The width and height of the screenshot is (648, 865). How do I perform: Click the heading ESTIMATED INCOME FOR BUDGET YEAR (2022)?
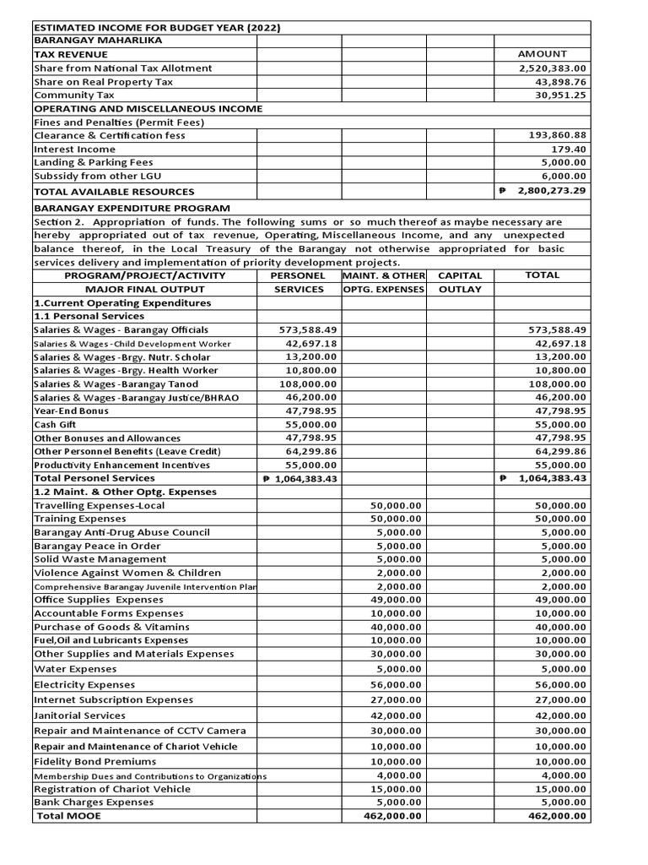tap(157, 28)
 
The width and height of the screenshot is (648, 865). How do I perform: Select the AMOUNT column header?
tap(542, 54)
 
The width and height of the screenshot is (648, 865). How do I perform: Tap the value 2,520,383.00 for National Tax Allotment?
tap(553, 68)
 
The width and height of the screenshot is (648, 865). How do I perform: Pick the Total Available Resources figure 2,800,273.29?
tap(553, 191)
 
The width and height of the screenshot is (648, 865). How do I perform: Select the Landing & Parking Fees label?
tap(93, 162)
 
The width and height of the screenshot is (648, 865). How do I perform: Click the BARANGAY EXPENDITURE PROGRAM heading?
tap(132, 208)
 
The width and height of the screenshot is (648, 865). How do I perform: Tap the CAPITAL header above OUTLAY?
tap(459, 275)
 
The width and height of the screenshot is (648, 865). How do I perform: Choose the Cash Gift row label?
tap(55, 424)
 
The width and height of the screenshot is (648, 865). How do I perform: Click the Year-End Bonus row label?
tap(71, 411)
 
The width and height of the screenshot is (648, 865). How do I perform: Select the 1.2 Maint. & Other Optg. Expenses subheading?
tap(125, 492)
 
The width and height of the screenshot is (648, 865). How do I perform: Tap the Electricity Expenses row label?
tap(84, 684)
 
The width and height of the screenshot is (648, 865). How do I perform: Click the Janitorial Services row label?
tap(79, 715)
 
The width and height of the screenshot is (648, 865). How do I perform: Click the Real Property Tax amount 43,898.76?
tap(557, 82)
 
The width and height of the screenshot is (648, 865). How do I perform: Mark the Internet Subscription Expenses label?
tap(113, 699)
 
